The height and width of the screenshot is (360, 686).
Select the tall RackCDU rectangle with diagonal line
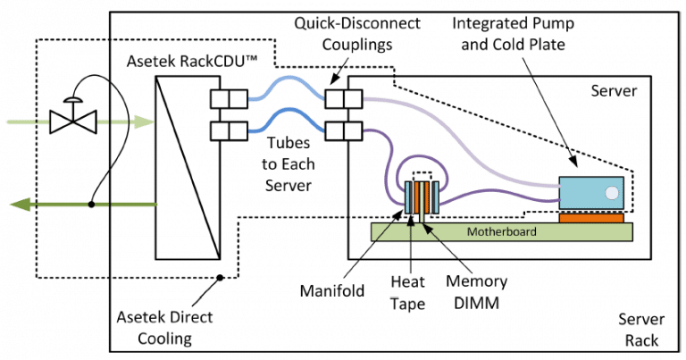pos(188,166)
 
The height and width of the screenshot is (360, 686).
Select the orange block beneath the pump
pos(590,217)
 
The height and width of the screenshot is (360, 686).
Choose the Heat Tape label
pos(408,291)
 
